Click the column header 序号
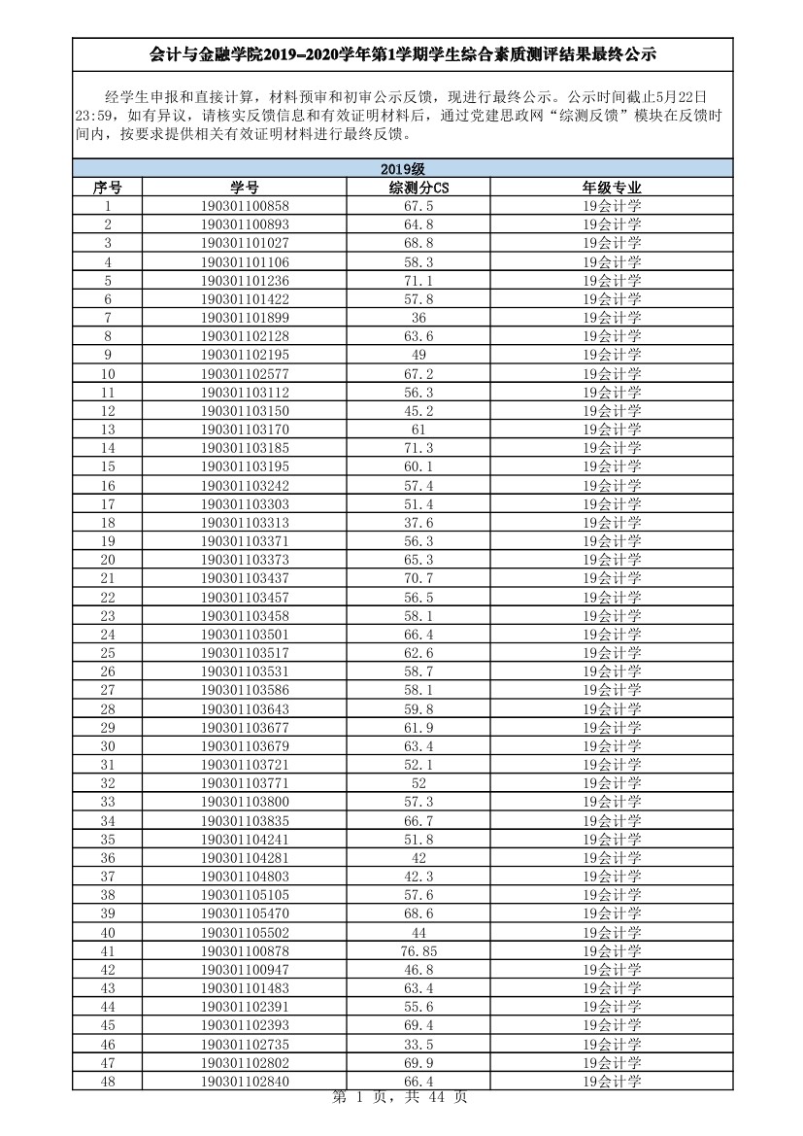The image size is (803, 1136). click(x=107, y=188)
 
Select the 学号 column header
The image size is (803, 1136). click(x=245, y=188)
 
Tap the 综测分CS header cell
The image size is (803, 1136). click(x=418, y=188)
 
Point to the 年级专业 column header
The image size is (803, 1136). click(x=612, y=188)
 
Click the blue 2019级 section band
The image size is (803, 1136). click(x=402, y=169)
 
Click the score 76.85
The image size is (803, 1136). click(x=418, y=951)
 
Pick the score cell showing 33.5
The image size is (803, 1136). click(x=418, y=1045)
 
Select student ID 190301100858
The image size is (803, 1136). click(x=245, y=206)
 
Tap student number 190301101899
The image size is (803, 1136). click(x=245, y=318)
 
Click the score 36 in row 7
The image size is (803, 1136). click(x=418, y=318)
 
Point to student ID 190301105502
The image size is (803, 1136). click(x=245, y=933)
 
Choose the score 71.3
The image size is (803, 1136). click(x=418, y=448)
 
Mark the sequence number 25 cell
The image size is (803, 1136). click(x=107, y=653)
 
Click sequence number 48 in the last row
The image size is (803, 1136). click(x=107, y=1082)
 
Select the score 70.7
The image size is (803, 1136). click(x=418, y=578)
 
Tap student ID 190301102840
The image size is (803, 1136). click(x=245, y=1082)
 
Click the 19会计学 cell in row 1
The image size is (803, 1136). click(x=612, y=206)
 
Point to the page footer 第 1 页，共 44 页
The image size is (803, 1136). click(x=400, y=1097)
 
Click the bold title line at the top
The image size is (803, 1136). click(x=402, y=56)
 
